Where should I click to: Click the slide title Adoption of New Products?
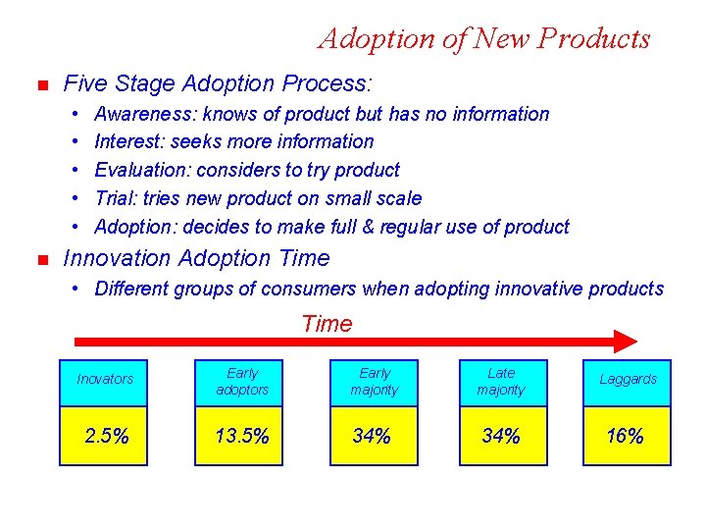point(483,38)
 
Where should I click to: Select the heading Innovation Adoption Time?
point(196,258)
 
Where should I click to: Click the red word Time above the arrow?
point(327,323)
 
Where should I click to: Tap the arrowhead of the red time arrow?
point(626,342)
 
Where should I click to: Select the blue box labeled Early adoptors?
point(242,382)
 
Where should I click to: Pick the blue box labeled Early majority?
point(375,382)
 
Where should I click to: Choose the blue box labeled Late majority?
point(501,382)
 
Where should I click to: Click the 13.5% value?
point(242,437)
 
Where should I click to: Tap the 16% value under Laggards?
point(626,437)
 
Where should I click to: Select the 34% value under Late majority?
point(501,437)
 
